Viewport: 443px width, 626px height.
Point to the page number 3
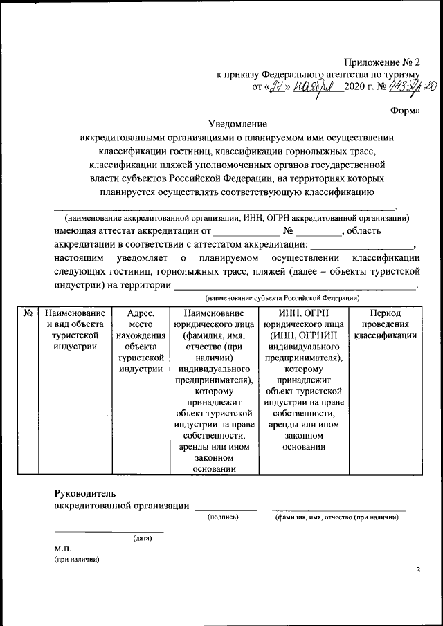tap(417, 570)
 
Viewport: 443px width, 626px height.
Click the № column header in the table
tap(28, 313)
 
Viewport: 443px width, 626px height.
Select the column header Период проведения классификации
tap(385, 324)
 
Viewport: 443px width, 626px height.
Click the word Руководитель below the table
tap(86, 494)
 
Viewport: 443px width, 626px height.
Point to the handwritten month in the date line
tap(314, 86)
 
